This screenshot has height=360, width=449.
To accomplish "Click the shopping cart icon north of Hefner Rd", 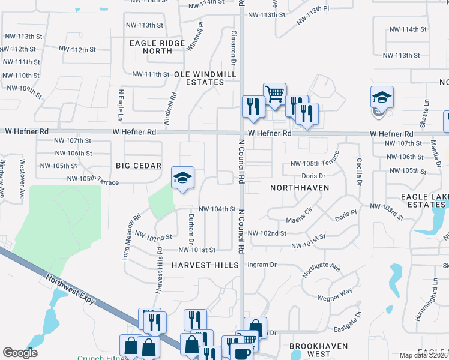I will (x=274, y=93).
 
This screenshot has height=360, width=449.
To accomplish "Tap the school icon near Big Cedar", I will (x=182, y=177).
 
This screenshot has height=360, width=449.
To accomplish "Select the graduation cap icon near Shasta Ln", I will (x=381, y=97).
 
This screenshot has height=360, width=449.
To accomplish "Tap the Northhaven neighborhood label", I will (x=300, y=187).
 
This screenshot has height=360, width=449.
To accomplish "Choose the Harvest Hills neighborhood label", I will (x=200, y=265).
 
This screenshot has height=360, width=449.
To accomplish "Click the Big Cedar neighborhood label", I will (x=139, y=166).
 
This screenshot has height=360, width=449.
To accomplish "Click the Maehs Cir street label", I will (x=300, y=214).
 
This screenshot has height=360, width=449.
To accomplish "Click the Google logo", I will (x=20, y=353).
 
